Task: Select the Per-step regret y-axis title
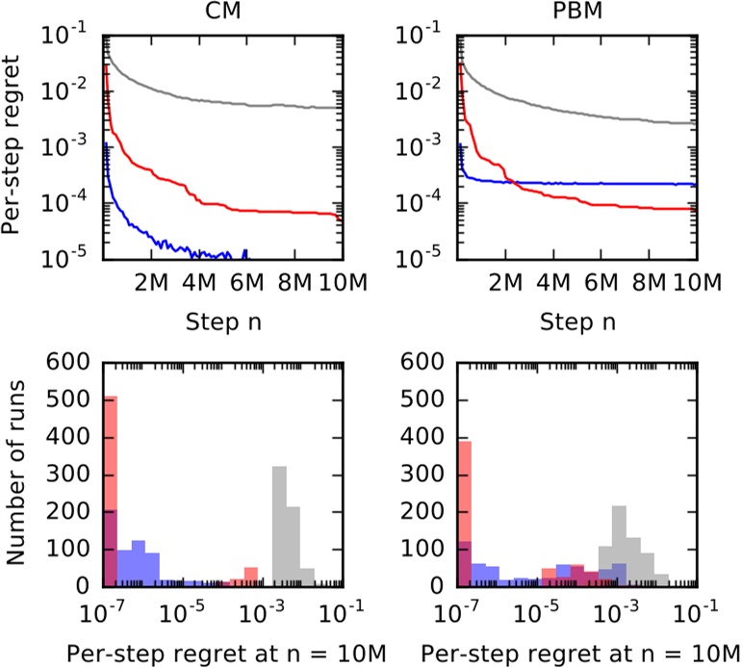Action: pyautogui.click(x=13, y=144)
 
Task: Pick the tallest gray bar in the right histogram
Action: pyautogui.click(x=620, y=546)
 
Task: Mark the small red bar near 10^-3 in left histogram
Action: pyautogui.click(x=251, y=578)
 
